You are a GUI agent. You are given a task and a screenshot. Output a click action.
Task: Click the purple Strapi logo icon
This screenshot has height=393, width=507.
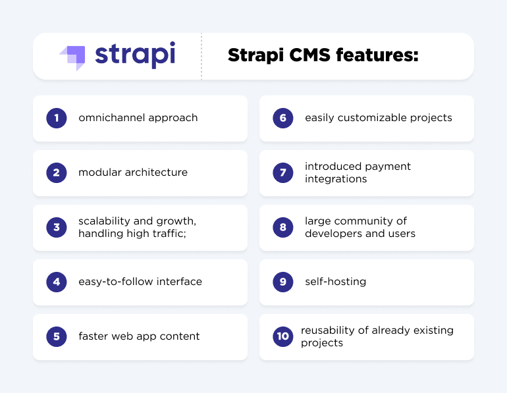72,57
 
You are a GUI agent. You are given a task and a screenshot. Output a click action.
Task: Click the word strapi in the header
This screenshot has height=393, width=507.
135,56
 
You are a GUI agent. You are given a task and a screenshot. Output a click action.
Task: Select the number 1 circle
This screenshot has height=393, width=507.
57,118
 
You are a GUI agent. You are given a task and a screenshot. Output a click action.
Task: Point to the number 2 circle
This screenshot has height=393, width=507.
57,172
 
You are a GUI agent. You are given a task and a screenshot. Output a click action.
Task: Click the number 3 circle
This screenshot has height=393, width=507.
57,227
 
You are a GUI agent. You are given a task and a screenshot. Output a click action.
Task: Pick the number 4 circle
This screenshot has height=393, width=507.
57,282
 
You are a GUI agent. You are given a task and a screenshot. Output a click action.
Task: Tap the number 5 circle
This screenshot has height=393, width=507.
57,336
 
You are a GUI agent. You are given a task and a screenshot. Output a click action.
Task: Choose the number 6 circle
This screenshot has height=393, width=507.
283,118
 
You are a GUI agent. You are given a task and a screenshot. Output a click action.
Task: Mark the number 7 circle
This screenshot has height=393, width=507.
283,172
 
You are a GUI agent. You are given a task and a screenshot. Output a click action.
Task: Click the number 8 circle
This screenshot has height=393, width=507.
283,227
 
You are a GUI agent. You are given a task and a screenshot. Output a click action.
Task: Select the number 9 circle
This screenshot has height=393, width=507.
283,282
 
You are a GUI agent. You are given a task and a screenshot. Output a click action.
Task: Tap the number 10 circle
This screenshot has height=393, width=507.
283,336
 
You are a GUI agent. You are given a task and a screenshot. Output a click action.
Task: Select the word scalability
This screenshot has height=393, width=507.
103,221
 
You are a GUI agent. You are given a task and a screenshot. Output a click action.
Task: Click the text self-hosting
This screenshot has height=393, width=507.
335,282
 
